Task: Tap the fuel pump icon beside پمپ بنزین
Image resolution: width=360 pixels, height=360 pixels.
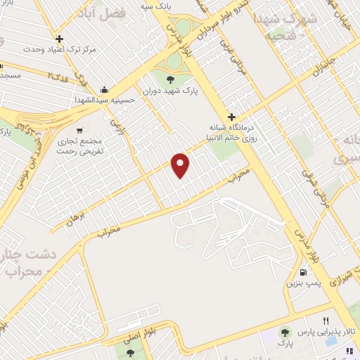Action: pos(303,272)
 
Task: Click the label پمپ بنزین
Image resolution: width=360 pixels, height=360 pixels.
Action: pos(300,283)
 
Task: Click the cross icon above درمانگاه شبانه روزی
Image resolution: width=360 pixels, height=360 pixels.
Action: pos(231,116)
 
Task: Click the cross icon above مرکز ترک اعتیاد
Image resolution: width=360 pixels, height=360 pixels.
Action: pos(60,39)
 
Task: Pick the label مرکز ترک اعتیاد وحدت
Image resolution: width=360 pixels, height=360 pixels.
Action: pos(59,50)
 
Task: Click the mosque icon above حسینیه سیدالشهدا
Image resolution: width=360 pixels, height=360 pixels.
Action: pos(105,89)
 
